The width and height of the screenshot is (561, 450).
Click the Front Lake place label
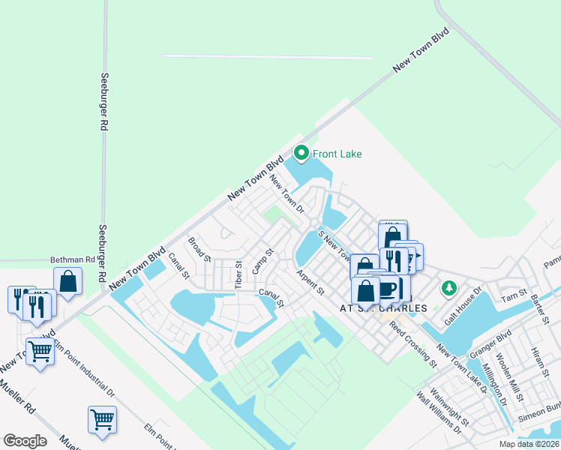[x=337, y=154]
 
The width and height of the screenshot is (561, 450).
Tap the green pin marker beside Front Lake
[x=301, y=154]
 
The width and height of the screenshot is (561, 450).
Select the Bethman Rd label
[x=73, y=259]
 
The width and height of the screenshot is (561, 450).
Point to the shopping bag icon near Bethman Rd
[x=68, y=282]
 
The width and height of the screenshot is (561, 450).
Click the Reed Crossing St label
[x=412, y=346]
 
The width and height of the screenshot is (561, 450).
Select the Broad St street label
[x=199, y=249]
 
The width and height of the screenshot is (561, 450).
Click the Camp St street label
[x=260, y=261]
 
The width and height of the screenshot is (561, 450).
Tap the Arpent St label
[x=310, y=282]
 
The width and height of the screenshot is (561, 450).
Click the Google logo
[x=24, y=441]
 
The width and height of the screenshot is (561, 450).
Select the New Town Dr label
[x=286, y=193]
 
